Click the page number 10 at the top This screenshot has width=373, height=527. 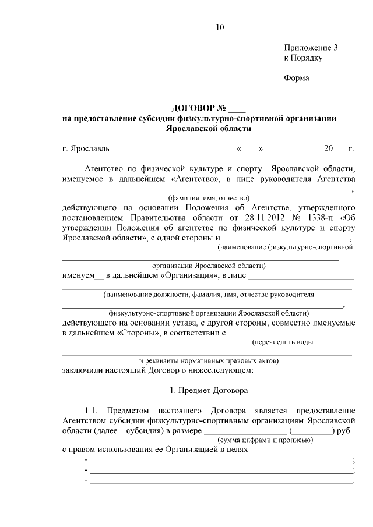pyautogui.click(x=219, y=27)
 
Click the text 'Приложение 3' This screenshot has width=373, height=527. pyautogui.click(x=311, y=48)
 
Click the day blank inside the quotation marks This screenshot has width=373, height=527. pyautogui.click(x=251, y=149)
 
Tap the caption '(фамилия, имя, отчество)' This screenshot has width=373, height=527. pyautogui.click(x=208, y=197)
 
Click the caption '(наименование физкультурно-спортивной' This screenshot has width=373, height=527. pyautogui.click(x=285, y=247)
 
